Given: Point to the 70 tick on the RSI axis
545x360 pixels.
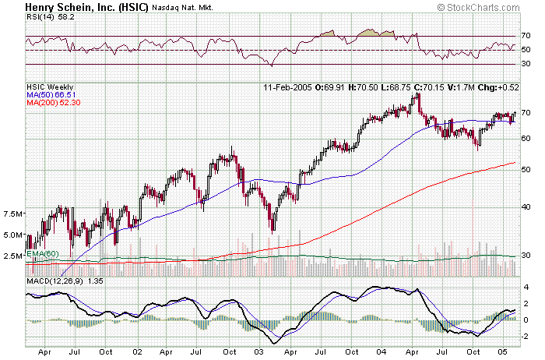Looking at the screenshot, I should pyautogui.click(x=526, y=36).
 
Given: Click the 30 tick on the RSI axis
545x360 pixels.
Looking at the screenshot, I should pyautogui.click(x=526, y=64).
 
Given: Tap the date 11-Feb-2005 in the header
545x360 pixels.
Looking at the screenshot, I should pyautogui.click(x=289, y=86).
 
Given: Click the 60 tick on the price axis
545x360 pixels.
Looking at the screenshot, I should pyautogui.click(x=526, y=138).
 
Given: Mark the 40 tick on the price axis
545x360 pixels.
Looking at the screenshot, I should pyautogui.click(x=526, y=207).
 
